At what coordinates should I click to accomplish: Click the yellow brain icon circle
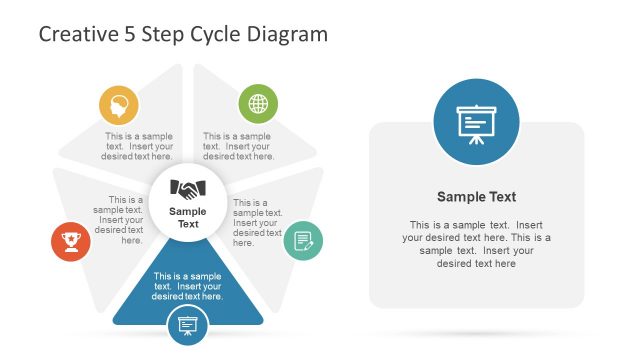[x=119, y=105]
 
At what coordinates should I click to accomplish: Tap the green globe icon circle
[x=258, y=104]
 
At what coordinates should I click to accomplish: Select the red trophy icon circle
[x=70, y=241]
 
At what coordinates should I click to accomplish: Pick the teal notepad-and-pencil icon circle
[x=303, y=241]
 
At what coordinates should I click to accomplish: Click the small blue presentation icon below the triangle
[x=187, y=324]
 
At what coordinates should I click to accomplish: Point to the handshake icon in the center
[x=187, y=187]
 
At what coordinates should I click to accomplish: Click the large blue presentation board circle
[x=476, y=122]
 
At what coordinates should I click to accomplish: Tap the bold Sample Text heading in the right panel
[x=476, y=197]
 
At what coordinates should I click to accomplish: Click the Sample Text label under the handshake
[x=188, y=217]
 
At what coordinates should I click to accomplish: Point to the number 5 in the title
[x=130, y=35]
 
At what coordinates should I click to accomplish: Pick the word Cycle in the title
[x=215, y=35]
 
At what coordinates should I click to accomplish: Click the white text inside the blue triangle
[x=188, y=286]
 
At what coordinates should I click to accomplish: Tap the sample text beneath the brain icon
[x=139, y=146]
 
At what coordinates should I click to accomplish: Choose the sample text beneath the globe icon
[x=238, y=146]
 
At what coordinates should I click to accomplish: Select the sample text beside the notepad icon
[x=251, y=222]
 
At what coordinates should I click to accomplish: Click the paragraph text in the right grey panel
[x=476, y=244]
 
